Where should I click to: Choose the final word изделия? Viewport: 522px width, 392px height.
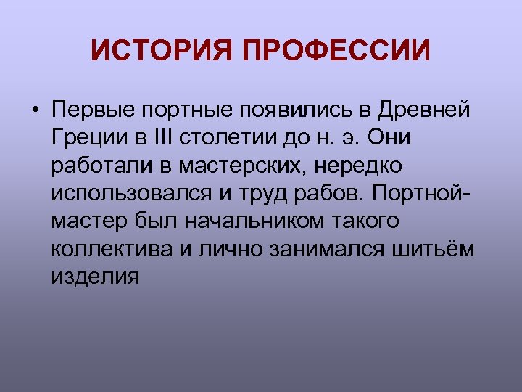[95, 277]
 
